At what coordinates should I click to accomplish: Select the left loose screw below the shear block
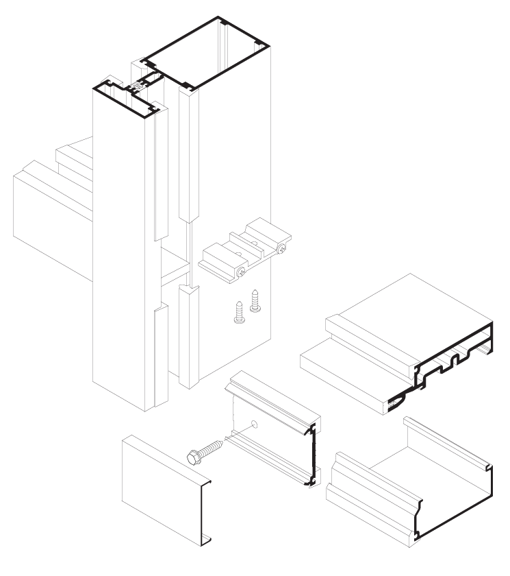pyautogui.click(x=239, y=312)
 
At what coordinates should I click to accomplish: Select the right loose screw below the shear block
pyautogui.click(x=255, y=302)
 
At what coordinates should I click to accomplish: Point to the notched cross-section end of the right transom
pyautogui.click(x=452, y=363)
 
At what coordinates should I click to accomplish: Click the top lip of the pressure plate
pyautogui.click(x=274, y=398)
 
